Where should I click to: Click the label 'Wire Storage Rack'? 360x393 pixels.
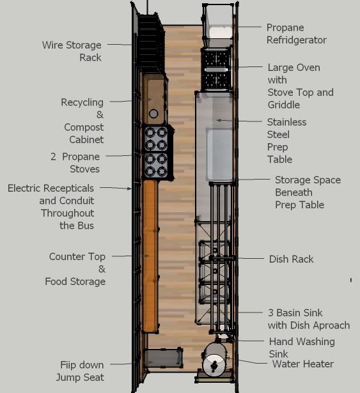pyautogui.click(x=72, y=51)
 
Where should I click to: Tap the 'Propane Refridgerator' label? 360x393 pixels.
pyautogui.click(x=296, y=34)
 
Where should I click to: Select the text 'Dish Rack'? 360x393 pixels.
pyautogui.click(x=291, y=259)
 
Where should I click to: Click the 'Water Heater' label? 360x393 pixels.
pyautogui.click(x=303, y=364)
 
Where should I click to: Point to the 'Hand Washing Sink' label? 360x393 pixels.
pyautogui.click(x=302, y=348)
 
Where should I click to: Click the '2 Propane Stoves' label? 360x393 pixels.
pyautogui.click(x=75, y=163)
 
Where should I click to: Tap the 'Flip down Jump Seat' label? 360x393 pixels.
pyautogui.click(x=80, y=371)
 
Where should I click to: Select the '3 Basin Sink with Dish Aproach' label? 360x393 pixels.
pyautogui.click(x=309, y=319)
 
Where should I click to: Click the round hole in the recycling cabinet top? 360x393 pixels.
pyautogui.click(x=153, y=114)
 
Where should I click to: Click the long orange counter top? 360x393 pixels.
pyautogui.click(x=150, y=256)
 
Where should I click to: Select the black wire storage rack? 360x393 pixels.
pyautogui.click(x=151, y=44)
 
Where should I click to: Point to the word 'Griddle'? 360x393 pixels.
pyautogui.click(x=284, y=105)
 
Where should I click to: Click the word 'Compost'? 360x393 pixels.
pyautogui.click(x=84, y=127)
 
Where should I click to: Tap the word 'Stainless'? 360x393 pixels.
pyautogui.click(x=286, y=122)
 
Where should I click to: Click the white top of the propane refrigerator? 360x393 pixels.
pyautogui.click(x=221, y=33)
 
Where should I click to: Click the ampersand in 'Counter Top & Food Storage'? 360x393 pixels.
pyautogui.click(x=102, y=269)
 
